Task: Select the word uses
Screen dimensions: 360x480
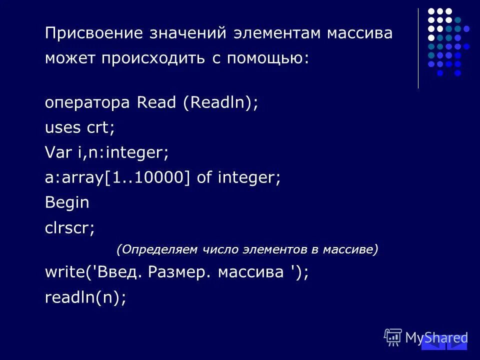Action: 62,127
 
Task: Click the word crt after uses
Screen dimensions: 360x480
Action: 100,127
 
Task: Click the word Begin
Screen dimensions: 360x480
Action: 67,202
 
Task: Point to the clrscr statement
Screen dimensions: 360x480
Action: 69,228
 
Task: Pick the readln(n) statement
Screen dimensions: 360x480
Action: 85,297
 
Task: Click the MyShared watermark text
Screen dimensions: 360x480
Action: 436,338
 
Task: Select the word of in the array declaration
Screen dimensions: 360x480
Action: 204,177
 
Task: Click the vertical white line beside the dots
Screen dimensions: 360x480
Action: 418,48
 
